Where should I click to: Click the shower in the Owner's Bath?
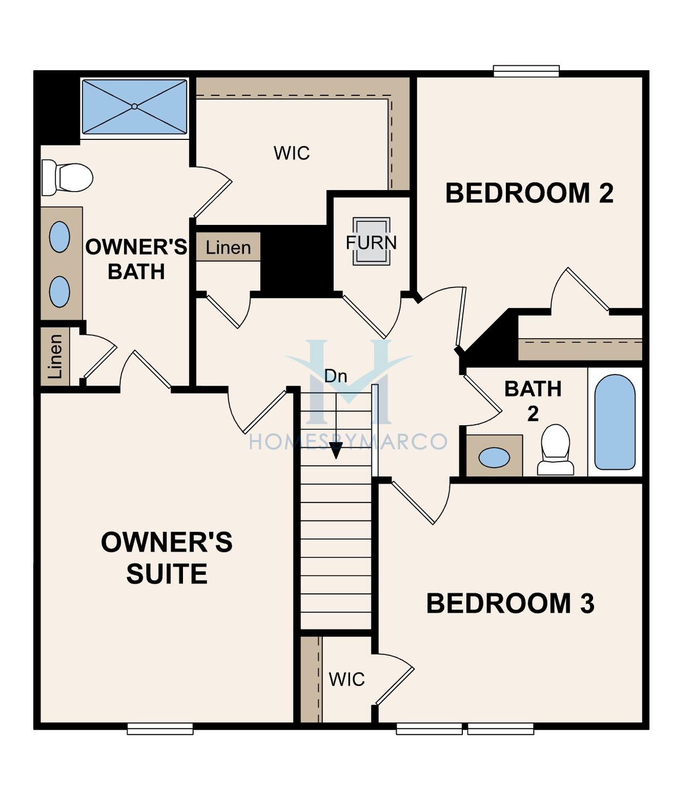tap(134, 107)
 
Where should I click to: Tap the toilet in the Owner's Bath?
tap(67, 177)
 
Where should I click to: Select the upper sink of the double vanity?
tap(60, 237)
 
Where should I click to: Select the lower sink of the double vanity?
tap(60, 292)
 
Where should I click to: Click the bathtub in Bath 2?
tap(615, 422)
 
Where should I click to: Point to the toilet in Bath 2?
tap(555, 450)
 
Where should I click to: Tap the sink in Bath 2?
tap(494, 457)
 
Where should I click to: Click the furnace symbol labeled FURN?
tap(371, 241)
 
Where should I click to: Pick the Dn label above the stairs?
tap(335, 376)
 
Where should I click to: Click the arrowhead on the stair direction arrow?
tap(336, 452)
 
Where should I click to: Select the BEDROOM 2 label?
tap(529, 193)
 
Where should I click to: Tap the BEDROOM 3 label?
tap(510, 604)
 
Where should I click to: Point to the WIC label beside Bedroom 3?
tap(346, 679)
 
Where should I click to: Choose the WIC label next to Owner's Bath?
tap(291, 153)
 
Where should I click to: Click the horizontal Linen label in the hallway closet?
tap(228, 248)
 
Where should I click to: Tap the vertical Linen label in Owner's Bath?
tap(55, 357)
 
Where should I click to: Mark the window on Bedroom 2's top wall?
tap(526, 71)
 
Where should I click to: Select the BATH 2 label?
tap(533, 401)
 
